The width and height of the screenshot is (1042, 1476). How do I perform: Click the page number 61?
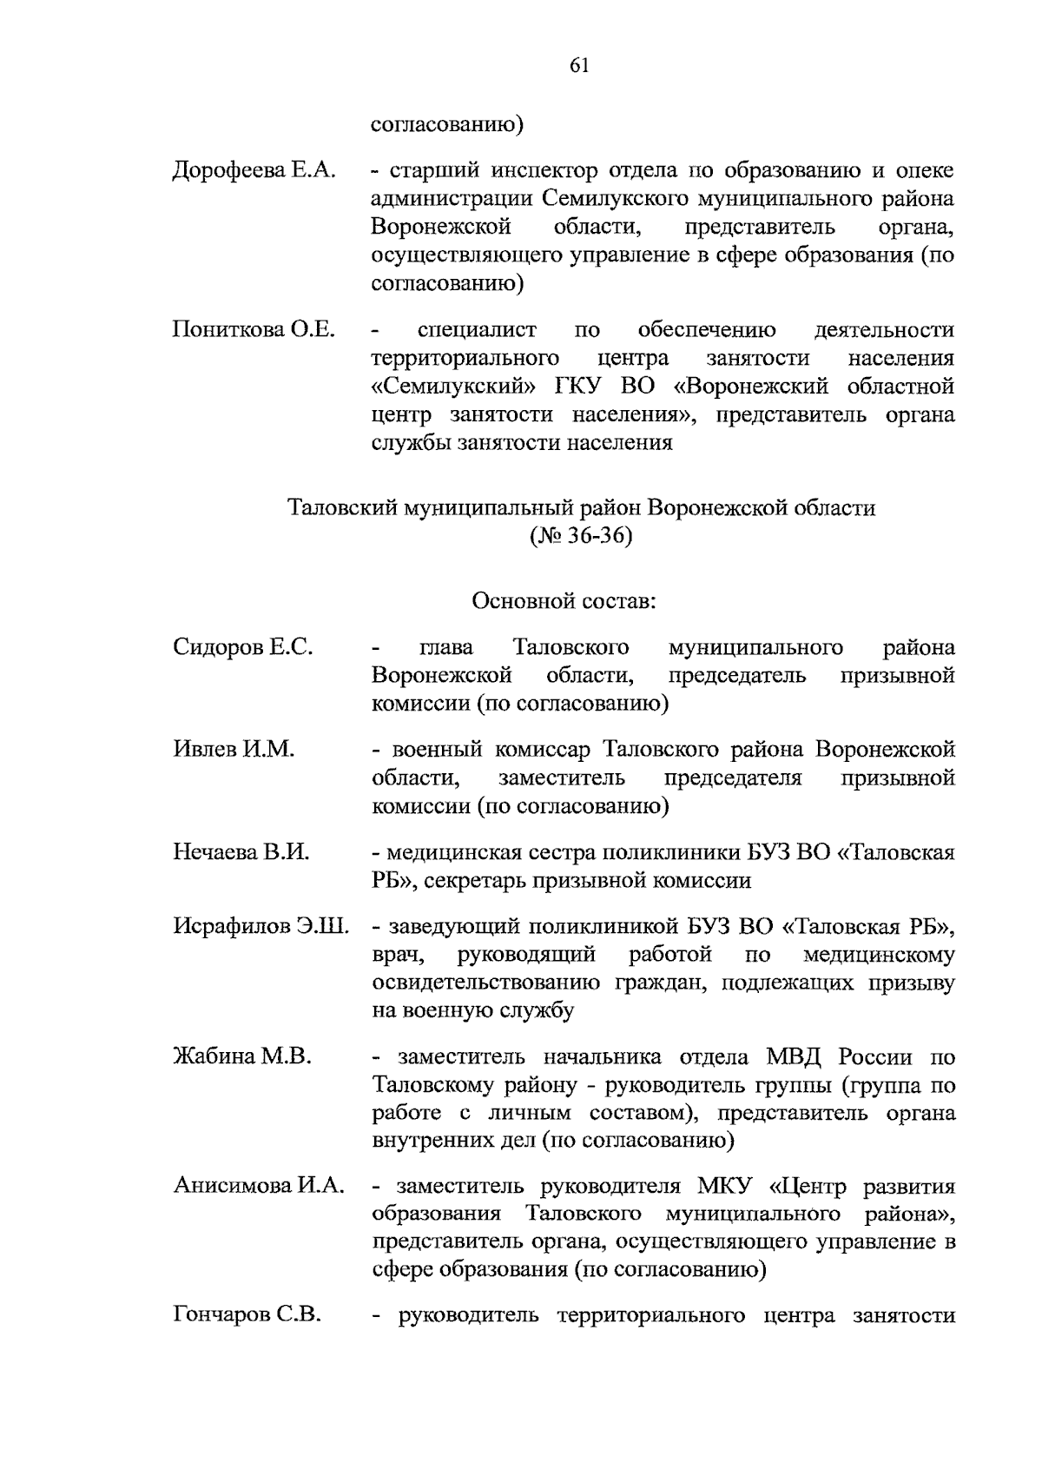(x=580, y=66)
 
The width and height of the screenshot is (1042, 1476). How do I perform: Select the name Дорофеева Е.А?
(x=254, y=170)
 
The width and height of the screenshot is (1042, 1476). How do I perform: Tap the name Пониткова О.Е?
(x=254, y=329)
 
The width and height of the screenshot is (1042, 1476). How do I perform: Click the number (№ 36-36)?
(x=581, y=536)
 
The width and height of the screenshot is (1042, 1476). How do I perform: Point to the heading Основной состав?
(x=564, y=600)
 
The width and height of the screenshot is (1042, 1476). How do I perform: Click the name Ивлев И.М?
(x=234, y=749)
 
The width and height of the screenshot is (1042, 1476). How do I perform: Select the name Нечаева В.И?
(x=241, y=852)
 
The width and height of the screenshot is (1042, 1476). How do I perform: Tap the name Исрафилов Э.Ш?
(x=260, y=926)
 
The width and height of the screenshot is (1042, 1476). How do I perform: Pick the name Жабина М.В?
(x=241, y=1056)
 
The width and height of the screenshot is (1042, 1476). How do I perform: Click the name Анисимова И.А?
(x=259, y=1186)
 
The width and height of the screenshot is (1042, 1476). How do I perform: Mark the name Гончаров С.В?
(x=247, y=1315)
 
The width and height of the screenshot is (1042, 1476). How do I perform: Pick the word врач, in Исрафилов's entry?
(x=398, y=956)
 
